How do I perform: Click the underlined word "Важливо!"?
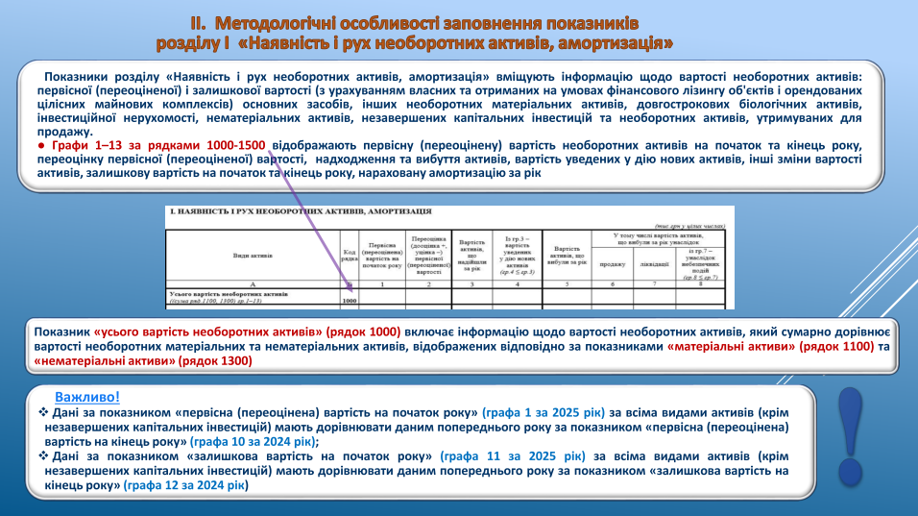point(87,396)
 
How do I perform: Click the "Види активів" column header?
point(253,256)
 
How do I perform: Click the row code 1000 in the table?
point(350,301)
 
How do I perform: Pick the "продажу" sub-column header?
point(611,262)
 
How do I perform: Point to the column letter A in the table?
point(253,285)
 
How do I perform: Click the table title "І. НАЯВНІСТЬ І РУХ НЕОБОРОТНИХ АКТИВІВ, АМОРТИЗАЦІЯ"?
point(301,210)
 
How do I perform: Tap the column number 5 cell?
point(568,285)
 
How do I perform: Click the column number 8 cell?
point(707,285)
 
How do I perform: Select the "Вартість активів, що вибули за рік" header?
point(568,255)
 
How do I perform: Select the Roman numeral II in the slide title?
point(199,21)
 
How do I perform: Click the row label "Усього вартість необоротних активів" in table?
point(228,293)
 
